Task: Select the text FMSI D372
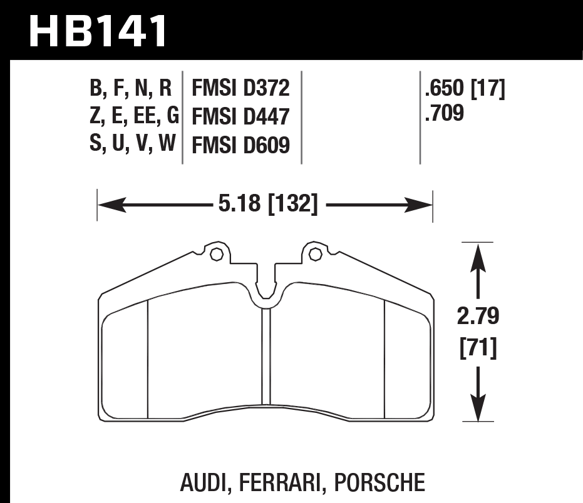[x=240, y=89]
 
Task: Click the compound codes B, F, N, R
[x=131, y=89]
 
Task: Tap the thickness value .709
[x=444, y=114]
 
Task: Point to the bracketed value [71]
[x=478, y=347]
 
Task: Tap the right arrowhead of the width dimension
[x=422, y=204]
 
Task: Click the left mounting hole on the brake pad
[x=217, y=254]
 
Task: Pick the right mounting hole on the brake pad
[x=314, y=254]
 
